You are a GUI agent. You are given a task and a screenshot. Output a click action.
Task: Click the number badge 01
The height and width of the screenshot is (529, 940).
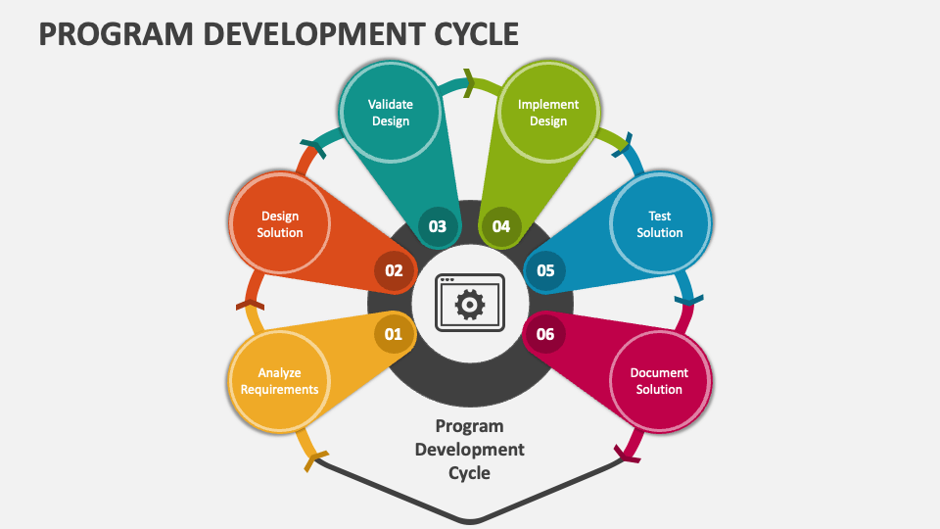[393, 334]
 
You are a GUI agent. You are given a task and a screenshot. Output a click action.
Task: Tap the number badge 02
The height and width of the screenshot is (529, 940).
[394, 270]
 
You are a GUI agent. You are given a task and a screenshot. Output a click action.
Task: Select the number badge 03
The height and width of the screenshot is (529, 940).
[437, 226]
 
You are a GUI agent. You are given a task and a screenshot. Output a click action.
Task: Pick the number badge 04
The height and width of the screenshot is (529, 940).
[501, 226]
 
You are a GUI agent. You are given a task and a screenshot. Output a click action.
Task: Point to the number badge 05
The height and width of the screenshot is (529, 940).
[545, 270]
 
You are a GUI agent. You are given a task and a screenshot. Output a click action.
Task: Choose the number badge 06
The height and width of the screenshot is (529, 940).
[545, 334]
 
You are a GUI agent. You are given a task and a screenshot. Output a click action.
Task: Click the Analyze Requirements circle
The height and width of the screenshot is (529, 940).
[279, 380]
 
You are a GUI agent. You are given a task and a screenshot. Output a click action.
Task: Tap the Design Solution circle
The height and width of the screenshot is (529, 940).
[279, 224]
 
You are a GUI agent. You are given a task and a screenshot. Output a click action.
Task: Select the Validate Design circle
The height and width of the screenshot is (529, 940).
[390, 113]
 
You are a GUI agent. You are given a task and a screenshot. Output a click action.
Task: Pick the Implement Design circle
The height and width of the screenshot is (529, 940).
[548, 113]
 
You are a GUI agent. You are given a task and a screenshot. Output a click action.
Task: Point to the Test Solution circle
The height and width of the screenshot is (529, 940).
[659, 224]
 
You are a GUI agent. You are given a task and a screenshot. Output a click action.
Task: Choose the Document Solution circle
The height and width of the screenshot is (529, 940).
[659, 380]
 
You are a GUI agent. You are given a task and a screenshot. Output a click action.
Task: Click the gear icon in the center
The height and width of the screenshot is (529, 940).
[470, 305]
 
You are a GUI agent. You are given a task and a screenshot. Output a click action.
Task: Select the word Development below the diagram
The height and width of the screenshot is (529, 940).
[470, 450]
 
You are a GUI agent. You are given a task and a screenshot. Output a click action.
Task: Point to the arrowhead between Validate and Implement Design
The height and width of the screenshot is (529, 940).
[469, 82]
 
